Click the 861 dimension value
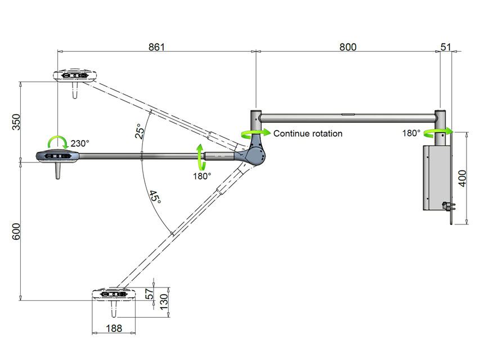click(156, 47)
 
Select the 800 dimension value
click(348, 47)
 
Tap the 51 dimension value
click(446, 47)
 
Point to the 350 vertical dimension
click(16, 122)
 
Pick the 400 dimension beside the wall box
click(463, 178)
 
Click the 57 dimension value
click(149, 294)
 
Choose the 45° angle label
click(155, 199)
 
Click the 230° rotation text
click(80, 143)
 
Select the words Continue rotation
click(307, 134)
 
